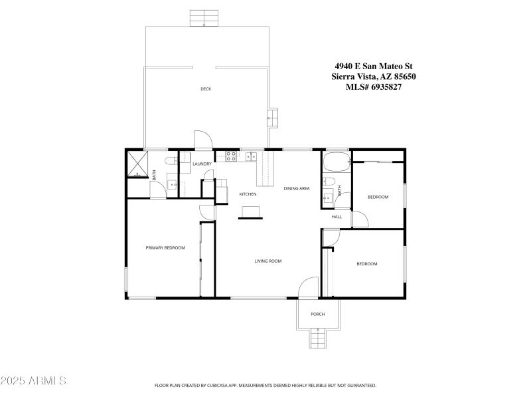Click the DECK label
(206, 89)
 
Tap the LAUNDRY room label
(202, 164)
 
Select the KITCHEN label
(248, 194)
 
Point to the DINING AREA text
(297, 188)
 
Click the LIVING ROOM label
(268, 261)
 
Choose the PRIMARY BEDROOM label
(165, 248)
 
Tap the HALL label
(337, 217)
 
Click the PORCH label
(318, 314)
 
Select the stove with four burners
(231, 156)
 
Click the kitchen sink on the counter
(250, 156)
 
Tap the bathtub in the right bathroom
(335, 162)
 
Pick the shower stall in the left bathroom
(137, 164)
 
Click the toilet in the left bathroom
(171, 160)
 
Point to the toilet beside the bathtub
(329, 182)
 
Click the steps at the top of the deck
(204, 18)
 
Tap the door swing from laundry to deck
(203, 139)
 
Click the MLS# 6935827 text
(373, 86)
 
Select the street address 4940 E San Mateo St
(373, 66)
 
